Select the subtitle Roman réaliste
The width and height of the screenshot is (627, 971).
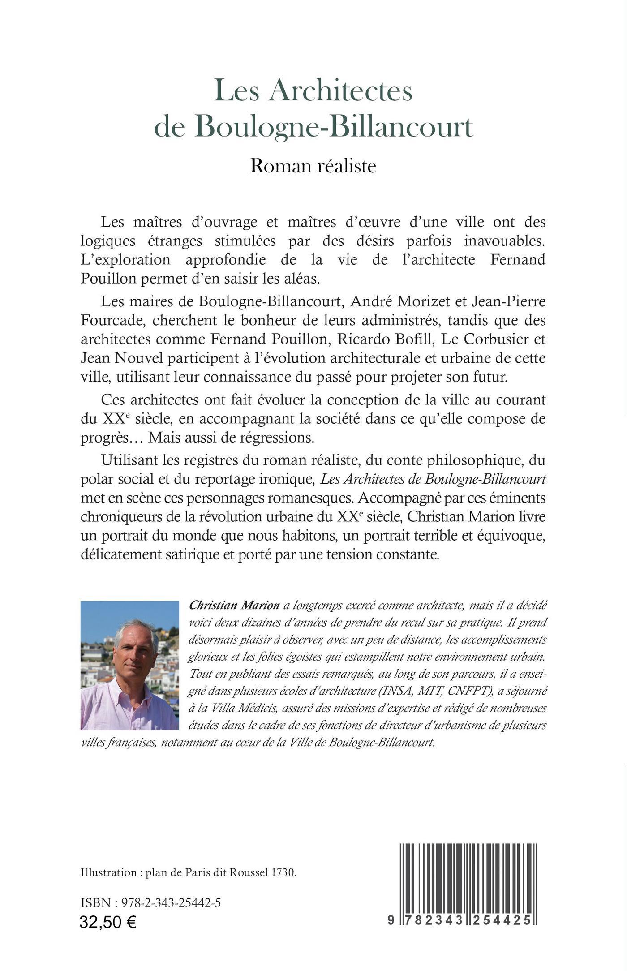[x=313, y=166]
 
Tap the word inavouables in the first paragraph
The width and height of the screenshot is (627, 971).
[x=504, y=241]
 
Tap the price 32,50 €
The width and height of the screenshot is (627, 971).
[x=108, y=922]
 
